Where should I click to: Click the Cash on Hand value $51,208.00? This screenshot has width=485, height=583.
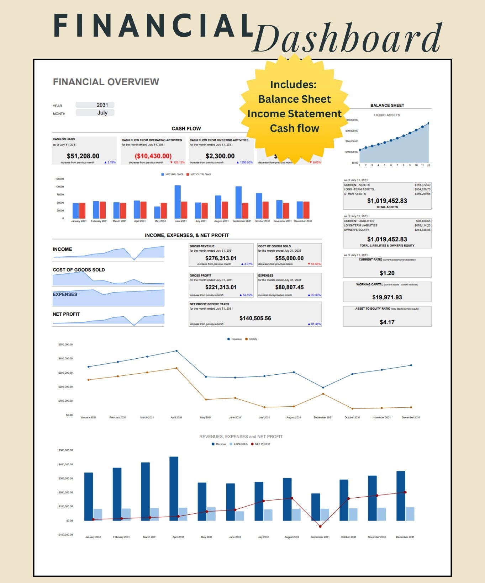pyautogui.click(x=83, y=156)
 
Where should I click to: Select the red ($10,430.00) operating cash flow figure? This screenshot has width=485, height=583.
pyautogui.click(x=153, y=156)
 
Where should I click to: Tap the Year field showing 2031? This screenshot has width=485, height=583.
pyautogui.click(x=95, y=105)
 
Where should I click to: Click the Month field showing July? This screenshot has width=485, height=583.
pyautogui.click(x=95, y=113)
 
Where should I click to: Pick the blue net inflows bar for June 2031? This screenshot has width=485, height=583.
pyautogui.click(x=178, y=202)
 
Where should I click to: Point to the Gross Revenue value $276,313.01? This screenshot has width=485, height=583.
pyautogui.click(x=221, y=258)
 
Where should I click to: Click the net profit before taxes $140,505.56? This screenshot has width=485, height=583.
pyautogui.click(x=255, y=318)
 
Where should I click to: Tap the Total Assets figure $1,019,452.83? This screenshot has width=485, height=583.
pyautogui.click(x=387, y=201)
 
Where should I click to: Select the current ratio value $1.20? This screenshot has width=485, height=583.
pyautogui.click(x=387, y=273)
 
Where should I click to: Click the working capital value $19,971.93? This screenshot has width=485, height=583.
pyautogui.click(x=387, y=297)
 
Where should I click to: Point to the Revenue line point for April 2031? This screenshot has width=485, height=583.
pyautogui.click(x=176, y=351)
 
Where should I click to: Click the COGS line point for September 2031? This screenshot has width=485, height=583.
pyautogui.click(x=323, y=394)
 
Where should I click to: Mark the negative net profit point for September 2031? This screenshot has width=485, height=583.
pyautogui.click(x=320, y=526)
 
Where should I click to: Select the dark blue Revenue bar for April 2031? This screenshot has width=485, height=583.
pyautogui.click(x=174, y=488)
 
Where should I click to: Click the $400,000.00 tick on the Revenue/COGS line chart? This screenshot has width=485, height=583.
pyautogui.click(x=65, y=359)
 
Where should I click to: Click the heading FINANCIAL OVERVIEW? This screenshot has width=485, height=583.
pyautogui.click(x=106, y=82)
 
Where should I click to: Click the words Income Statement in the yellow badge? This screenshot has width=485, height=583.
pyautogui.click(x=294, y=114)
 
